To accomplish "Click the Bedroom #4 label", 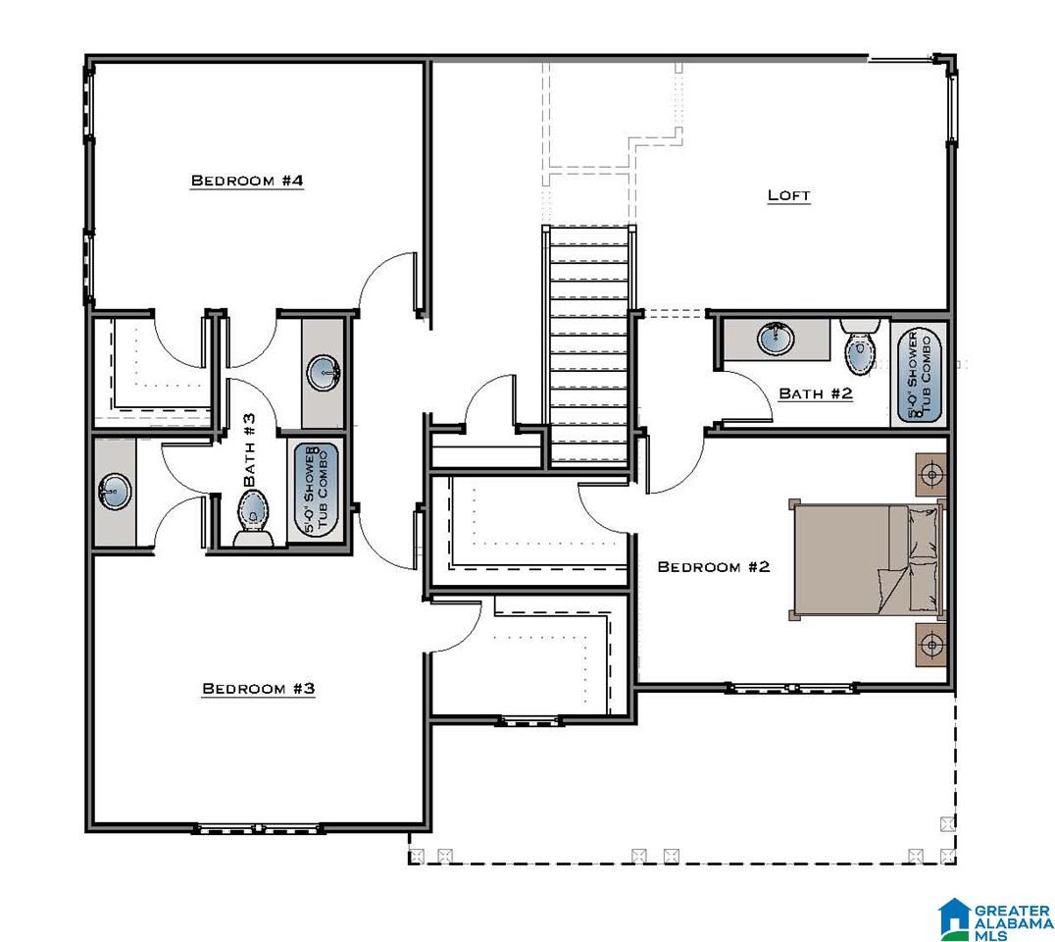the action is pos(247,181).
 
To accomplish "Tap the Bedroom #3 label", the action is pos(259,688).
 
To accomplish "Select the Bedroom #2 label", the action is pos(713,567).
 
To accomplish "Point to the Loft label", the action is pos(789,195).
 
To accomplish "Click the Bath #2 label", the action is pos(816,393).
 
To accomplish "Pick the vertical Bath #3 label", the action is pos(249,449).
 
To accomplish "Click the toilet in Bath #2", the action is pos(860,346).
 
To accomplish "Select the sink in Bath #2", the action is pos(776,339).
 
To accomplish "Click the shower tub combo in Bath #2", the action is pos(919,375).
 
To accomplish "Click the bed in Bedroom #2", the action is pos(866,559).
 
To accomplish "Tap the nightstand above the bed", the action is pos(930,475).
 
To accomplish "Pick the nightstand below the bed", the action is pos(930,645).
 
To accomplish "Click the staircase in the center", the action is pos(588,344).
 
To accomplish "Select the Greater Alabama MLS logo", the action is pos(996,919).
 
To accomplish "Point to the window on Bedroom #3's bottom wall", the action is pos(260,828).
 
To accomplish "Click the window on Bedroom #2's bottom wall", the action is pos(791,688).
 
